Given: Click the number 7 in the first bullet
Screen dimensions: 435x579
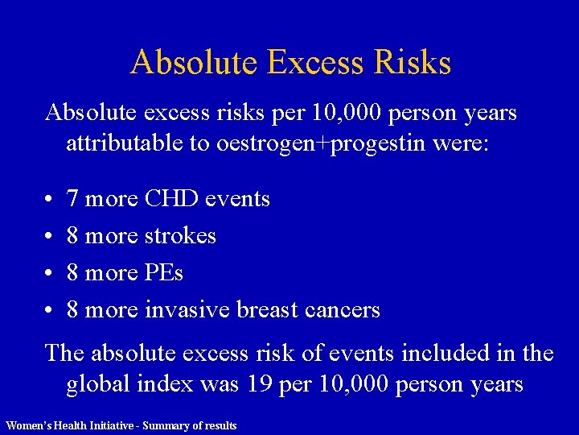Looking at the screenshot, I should click(72, 198).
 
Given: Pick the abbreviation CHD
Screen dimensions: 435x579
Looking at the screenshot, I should click(172, 198).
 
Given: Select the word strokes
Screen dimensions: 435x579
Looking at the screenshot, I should click(180, 235).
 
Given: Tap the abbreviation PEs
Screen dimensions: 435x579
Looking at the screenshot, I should click(164, 272).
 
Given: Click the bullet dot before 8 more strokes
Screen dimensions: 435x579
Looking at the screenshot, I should click(49, 236).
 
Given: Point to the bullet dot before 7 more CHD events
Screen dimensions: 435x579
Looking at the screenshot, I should click(49, 199).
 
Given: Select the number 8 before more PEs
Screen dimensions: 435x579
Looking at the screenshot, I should click(72, 272).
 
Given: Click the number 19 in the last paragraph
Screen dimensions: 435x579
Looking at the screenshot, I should click(257, 384).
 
